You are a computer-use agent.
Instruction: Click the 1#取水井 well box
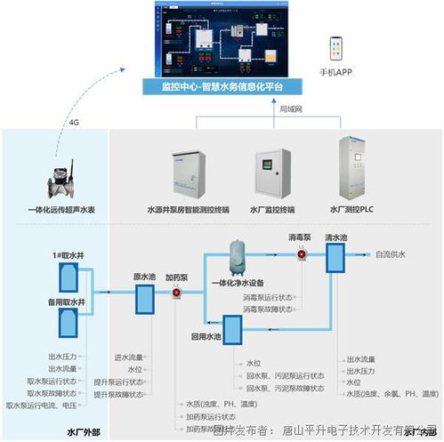coord(68,279)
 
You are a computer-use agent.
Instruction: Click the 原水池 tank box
coord(145,298)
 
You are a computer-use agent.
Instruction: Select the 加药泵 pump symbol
coord(176,293)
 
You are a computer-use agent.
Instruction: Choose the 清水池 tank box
coord(335,259)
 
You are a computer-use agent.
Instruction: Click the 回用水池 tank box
coord(234,330)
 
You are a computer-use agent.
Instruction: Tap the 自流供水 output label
coord(391,255)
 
